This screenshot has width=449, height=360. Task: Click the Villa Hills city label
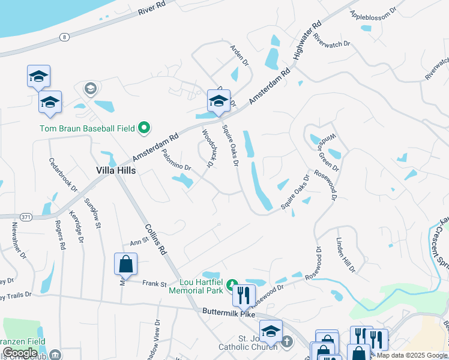click(116, 170)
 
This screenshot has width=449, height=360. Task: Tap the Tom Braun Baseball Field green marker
click(144, 128)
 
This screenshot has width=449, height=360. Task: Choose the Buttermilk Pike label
click(228, 313)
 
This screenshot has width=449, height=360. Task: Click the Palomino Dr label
click(175, 160)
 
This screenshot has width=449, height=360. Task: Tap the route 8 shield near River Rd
click(63, 38)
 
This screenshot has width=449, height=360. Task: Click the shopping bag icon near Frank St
click(126, 263)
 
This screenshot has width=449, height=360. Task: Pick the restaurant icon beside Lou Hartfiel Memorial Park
click(244, 295)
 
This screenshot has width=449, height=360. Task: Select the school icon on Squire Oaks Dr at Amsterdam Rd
click(218, 100)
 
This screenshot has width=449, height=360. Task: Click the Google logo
click(20, 353)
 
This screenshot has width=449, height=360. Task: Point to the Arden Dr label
click(238, 54)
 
